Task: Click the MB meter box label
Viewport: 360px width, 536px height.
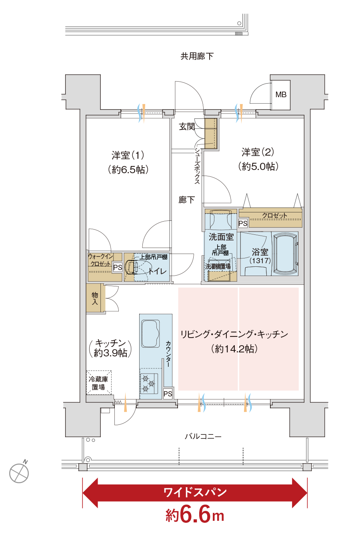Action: [x=281, y=95]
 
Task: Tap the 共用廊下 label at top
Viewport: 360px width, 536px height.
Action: [x=197, y=56]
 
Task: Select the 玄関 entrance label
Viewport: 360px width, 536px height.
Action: [x=187, y=127]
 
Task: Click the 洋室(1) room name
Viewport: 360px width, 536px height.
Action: [x=128, y=155]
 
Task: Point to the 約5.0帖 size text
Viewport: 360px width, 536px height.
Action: [x=258, y=166]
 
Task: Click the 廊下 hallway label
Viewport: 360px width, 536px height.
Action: [x=187, y=200]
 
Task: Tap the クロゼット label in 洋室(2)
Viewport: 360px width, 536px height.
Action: [x=275, y=216]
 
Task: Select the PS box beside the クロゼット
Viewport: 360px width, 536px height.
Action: [x=243, y=224]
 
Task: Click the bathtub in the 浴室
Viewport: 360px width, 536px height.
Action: [x=285, y=254]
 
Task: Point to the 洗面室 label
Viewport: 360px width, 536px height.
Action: [x=221, y=237]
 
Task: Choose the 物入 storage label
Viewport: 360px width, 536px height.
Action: [x=95, y=298]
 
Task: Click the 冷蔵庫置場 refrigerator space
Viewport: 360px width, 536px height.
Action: [x=98, y=383]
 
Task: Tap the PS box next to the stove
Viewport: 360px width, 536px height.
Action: [x=168, y=394]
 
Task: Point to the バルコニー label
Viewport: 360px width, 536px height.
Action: [x=203, y=436]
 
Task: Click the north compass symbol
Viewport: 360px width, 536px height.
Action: [x=19, y=473]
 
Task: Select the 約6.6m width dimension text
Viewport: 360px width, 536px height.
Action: [x=195, y=515]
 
